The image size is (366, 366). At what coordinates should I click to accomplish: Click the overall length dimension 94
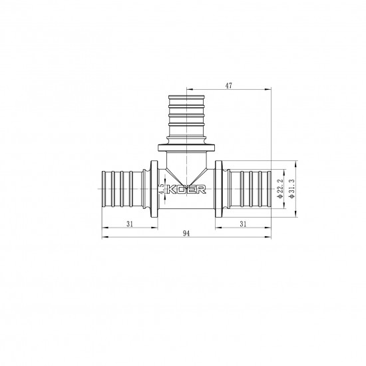click(186, 234)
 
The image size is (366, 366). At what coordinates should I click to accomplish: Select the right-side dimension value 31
click(244, 224)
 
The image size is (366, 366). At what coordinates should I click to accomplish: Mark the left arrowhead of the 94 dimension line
click(104, 238)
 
